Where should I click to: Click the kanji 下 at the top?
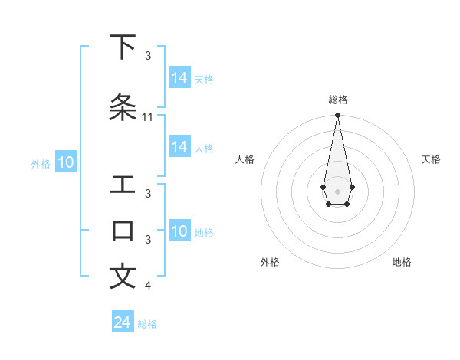[123, 47]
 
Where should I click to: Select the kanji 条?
[123, 108]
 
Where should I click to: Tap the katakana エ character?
[123, 185]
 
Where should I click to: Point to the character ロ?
[123, 230]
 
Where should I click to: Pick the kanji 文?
[123, 277]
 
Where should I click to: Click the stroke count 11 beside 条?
[148, 117]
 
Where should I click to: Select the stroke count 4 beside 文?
[148, 286]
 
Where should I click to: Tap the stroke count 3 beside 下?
[148, 56]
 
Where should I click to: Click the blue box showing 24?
[123, 322]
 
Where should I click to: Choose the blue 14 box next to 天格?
[179, 78]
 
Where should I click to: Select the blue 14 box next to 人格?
[179, 147]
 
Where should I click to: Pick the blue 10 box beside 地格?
[179, 231]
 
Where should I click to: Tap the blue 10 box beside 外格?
[66, 162]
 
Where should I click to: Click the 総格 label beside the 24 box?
[147, 324]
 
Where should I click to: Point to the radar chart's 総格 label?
[337, 100]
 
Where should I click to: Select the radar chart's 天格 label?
[431, 159]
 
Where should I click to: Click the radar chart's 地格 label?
[402, 262]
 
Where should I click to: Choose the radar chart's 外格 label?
[270, 262]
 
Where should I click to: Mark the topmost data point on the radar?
[337, 115]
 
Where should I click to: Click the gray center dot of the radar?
[337, 191]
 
